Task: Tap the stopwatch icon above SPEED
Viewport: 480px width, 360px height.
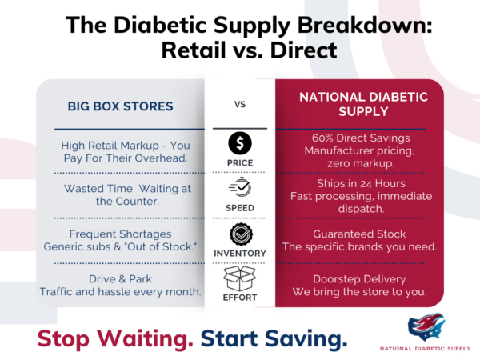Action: (x=240, y=187)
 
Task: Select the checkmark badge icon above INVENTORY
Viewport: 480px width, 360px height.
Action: (x=240, y=234)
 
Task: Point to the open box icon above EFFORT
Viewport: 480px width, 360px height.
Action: (x=240, y=279)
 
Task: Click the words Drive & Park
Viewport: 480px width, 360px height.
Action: (x=120, y=279)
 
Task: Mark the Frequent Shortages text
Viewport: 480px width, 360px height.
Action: (x=120, y=233)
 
